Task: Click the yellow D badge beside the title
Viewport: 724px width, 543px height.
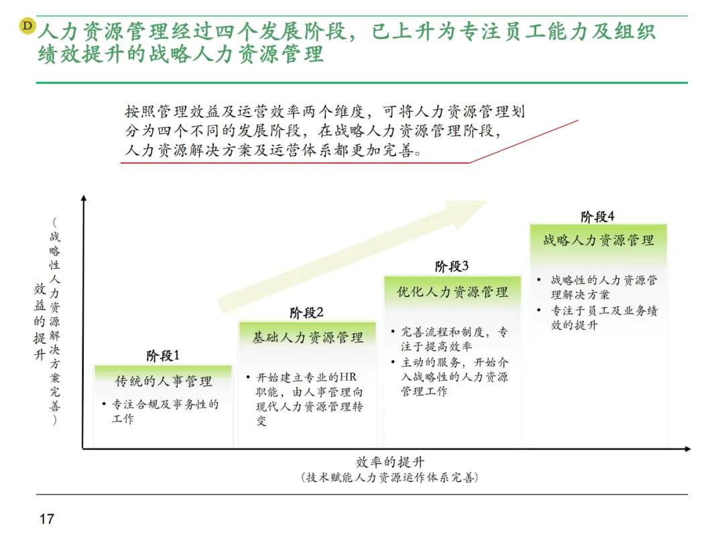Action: (x=27, y=25)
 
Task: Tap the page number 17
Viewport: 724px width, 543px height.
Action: (x=46, y=519)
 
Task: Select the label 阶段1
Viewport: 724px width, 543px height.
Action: (x=163, y=355)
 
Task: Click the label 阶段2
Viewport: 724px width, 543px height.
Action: (x=306, y=312)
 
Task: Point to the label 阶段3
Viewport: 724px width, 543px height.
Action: (x=451, y=266)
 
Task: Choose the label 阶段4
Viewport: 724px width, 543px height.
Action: (x=597, y=216)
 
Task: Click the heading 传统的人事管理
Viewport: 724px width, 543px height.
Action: (x=164, y=381)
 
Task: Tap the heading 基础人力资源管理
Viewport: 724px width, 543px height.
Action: (x=308, y=337)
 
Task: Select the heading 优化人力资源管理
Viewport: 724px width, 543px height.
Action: (x=452, y=292)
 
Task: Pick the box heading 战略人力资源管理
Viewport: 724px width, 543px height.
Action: (x=598, y=240)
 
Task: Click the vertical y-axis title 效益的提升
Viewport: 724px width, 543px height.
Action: (x=40, y=322)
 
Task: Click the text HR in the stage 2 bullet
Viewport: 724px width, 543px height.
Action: (x=350, y=377)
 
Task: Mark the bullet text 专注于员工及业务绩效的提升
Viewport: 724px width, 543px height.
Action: (x=604, y=318)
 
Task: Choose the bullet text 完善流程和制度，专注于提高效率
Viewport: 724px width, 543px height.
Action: (x=454, y=339)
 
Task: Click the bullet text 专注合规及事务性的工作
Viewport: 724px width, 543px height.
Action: (x=164, y=411)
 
